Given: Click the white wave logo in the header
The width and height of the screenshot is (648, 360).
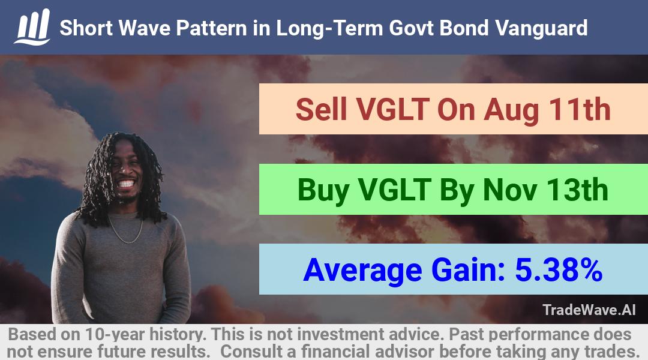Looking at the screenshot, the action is coord(32,27).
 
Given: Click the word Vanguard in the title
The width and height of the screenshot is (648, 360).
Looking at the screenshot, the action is coord(541,29).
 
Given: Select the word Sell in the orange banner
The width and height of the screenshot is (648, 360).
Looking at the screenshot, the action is coord(321,110).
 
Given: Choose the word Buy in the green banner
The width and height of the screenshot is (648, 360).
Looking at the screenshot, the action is coord(323,191).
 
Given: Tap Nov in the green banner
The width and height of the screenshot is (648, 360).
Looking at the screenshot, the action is coord(510,190).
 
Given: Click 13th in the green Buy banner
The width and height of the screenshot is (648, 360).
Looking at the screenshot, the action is coord(577,190).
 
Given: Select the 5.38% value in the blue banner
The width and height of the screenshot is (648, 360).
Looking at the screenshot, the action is coord(559,271).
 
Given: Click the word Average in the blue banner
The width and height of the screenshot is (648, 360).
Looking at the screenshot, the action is coord(362,271).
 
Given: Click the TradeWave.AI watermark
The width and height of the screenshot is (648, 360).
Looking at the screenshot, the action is coord(589,310).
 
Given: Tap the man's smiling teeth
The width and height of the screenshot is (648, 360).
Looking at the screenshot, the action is coord(126,184).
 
